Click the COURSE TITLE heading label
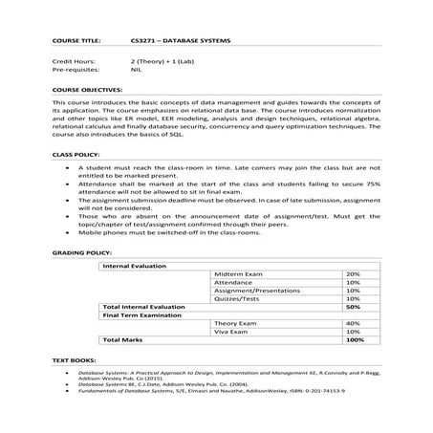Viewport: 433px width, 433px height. point(73,42)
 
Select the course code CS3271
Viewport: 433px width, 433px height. point(143,42)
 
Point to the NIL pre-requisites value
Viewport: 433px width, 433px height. point(136,70)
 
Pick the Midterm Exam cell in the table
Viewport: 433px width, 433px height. point(238,273)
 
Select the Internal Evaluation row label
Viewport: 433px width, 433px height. point(134,265)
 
